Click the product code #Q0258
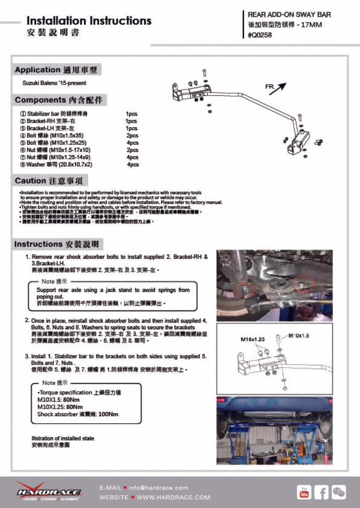[260, 35]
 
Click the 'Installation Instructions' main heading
[89, 21]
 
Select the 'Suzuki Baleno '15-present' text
[54, 83]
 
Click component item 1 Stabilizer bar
[60, 113]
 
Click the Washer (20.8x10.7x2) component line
[59, 165]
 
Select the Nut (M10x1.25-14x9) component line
[58, 157]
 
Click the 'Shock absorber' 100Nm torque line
[78, 414]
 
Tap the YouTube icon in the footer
[304, 492]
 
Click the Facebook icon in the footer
[321, 492]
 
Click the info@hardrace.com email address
[158, 488]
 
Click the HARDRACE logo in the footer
[49, 491]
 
